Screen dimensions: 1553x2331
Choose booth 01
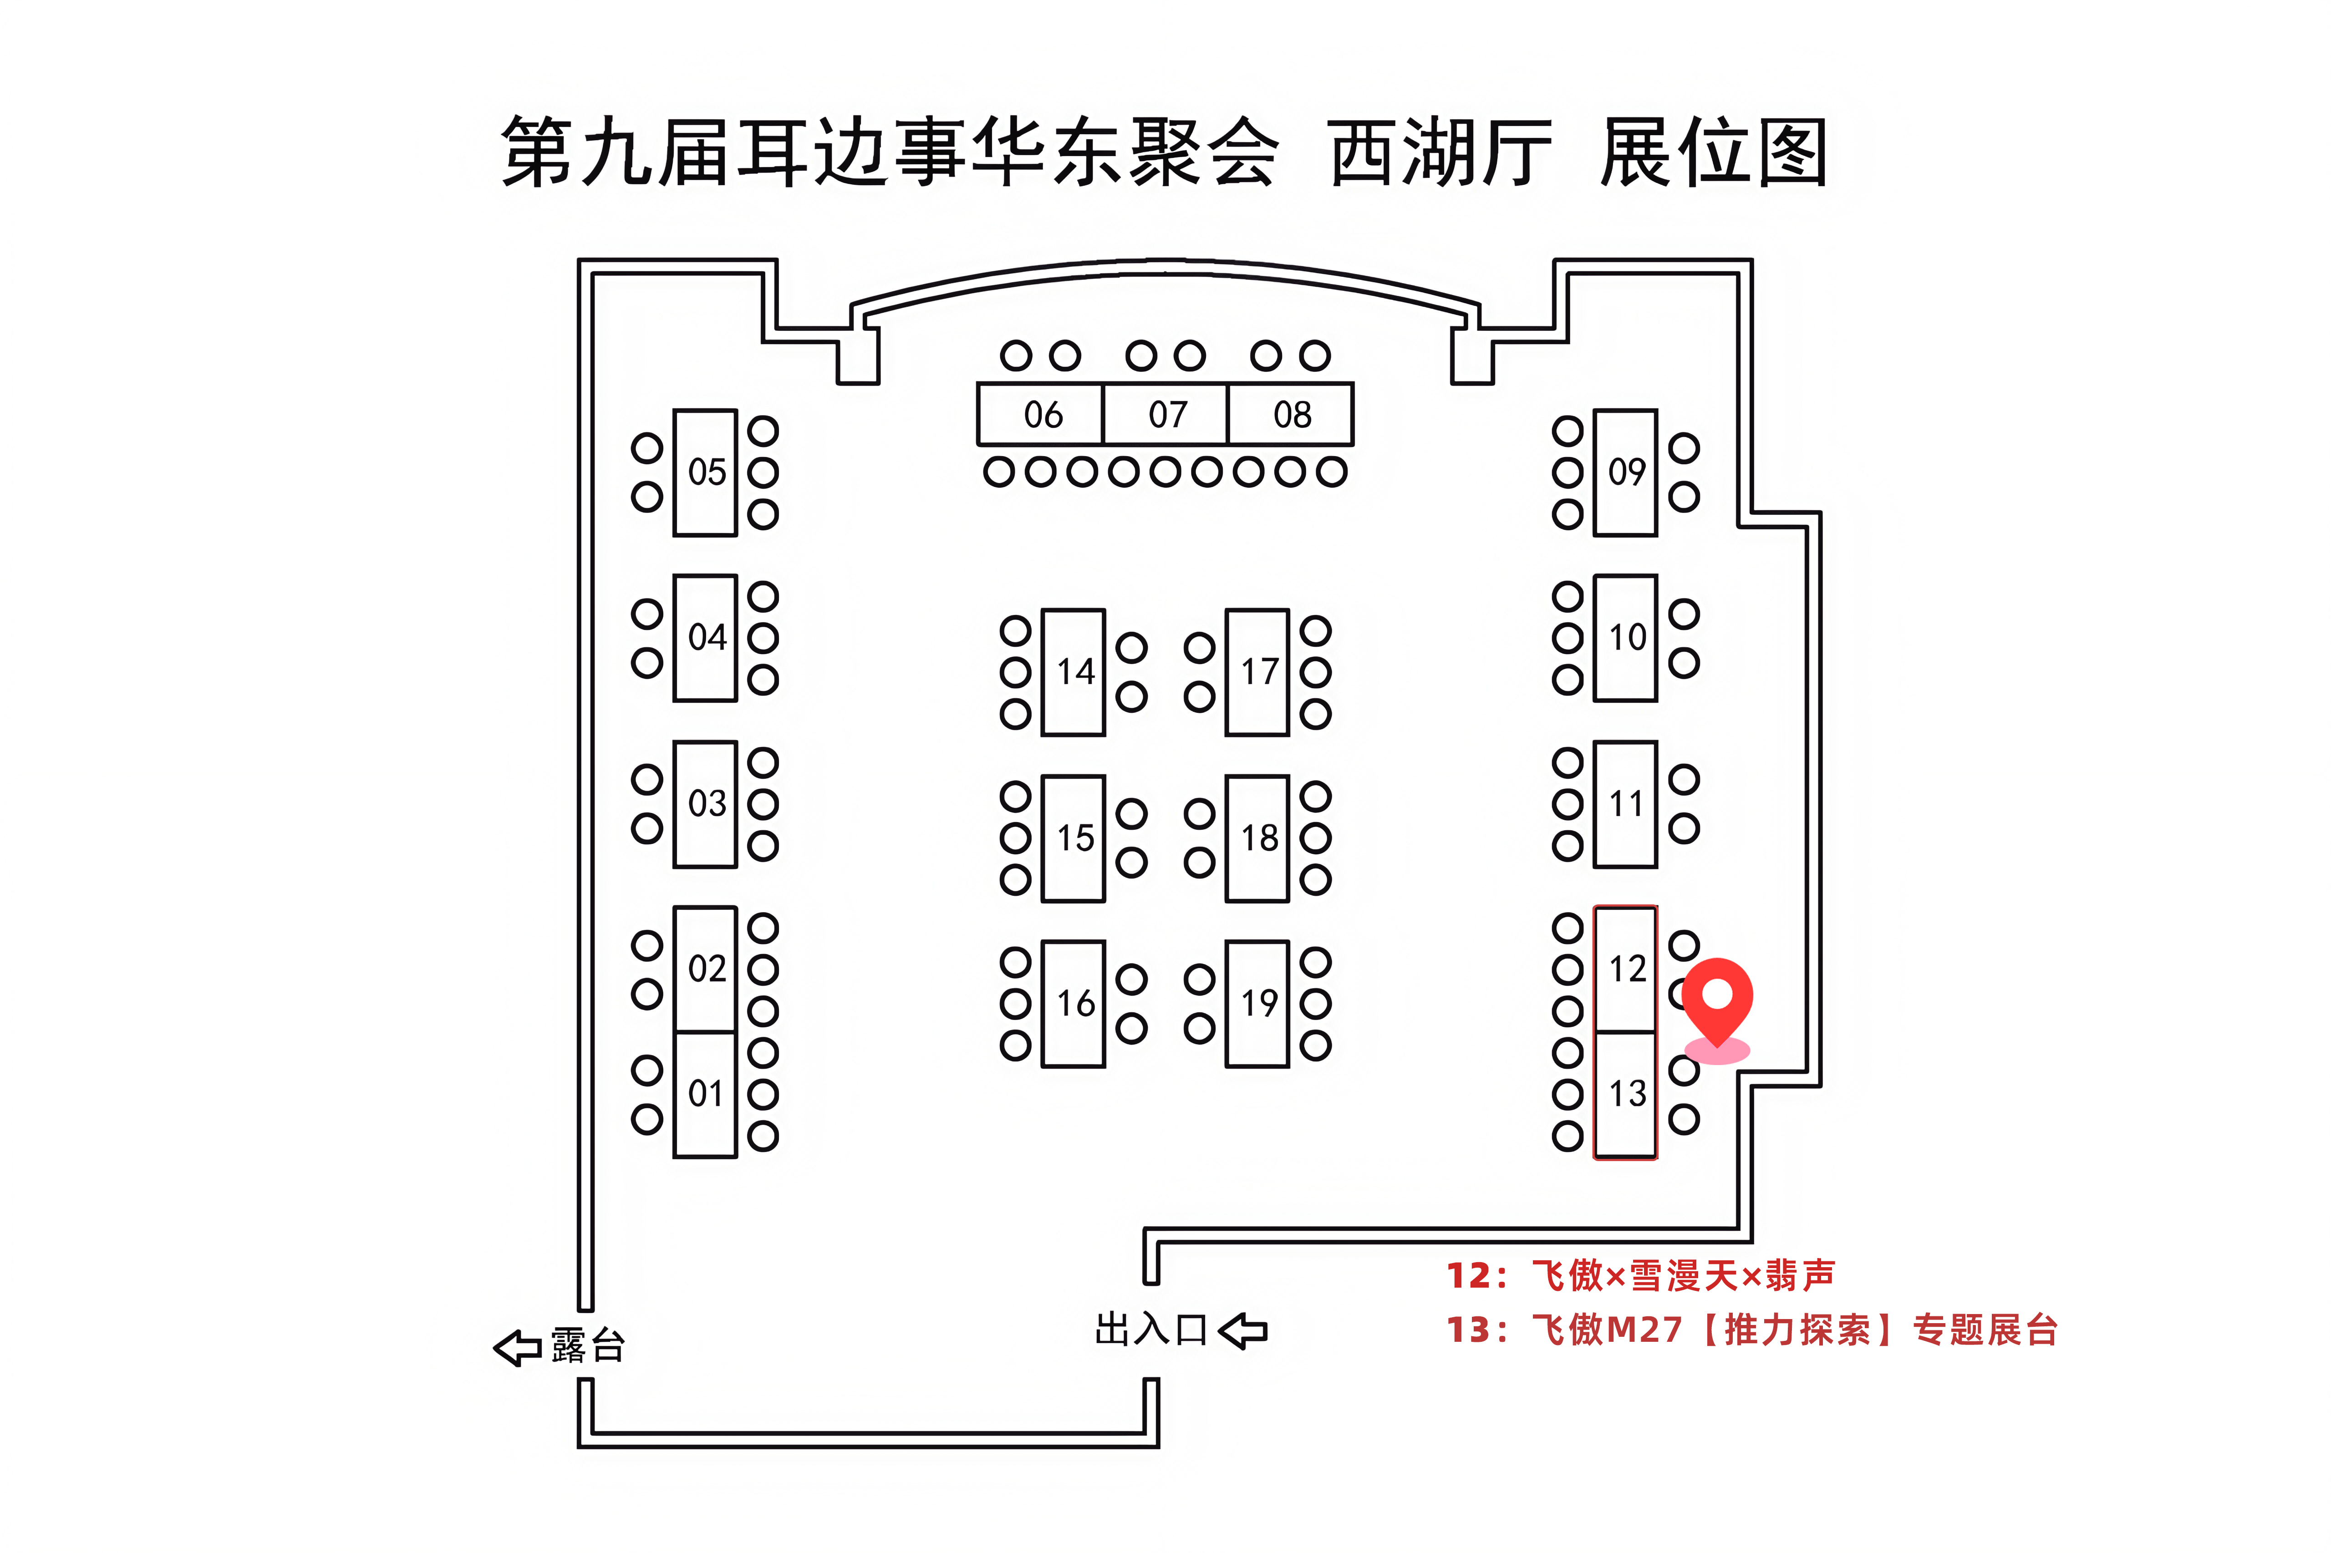point(705,1093)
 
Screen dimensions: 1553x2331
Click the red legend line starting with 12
point(1639,1275)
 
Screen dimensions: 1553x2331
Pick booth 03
point(705,803)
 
